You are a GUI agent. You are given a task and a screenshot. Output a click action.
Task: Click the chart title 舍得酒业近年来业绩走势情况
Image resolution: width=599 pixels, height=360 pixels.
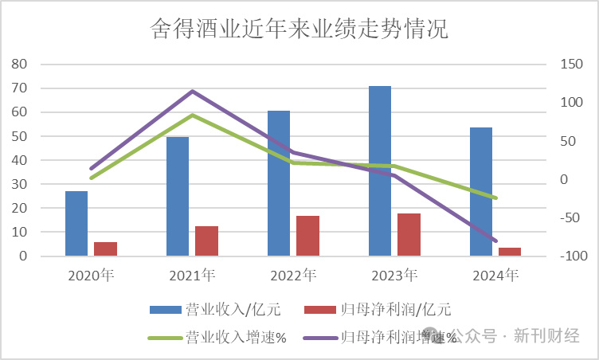pos(299,29)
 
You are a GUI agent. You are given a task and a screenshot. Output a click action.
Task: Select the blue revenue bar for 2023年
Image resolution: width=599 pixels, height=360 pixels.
pos(380,171)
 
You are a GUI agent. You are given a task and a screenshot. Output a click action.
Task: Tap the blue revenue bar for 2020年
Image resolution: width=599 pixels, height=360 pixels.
pos(76,224)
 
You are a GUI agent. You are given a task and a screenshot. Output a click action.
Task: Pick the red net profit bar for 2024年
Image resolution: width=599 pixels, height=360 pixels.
pos(510,252)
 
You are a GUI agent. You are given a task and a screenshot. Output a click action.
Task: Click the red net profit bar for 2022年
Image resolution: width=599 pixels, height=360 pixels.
pos(307,236)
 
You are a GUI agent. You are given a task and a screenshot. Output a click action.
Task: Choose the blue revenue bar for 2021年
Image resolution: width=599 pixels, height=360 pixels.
pos(178,196)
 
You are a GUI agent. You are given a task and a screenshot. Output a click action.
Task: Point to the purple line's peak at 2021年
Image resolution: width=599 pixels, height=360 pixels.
pos(192,91)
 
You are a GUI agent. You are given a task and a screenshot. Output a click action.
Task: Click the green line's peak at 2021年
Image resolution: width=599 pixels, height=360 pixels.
pos(192,115)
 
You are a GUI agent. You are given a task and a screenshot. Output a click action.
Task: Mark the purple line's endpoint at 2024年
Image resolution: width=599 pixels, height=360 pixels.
pos(495,241)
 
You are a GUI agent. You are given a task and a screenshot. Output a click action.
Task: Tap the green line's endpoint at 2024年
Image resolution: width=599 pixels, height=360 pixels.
pos(495,198)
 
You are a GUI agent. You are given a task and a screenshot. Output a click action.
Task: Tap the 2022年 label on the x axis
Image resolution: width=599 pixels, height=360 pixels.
pos(293,276)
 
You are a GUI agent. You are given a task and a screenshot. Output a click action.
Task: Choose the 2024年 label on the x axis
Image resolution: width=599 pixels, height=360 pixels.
pos(495,276)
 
